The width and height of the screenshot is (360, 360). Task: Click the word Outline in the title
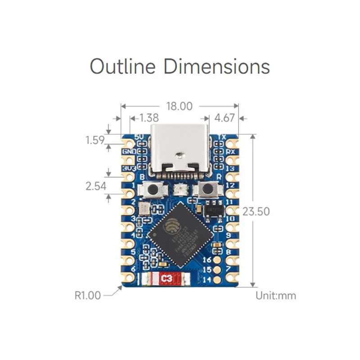pyautogui.click(x=122, y=66)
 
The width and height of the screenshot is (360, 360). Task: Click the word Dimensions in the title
pyautogui.click(x=216, y=66)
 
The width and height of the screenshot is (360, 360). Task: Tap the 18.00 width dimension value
pyautogui.click(x=179, y=106)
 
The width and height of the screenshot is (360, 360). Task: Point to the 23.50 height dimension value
pyautogui.click(x=256, y=211)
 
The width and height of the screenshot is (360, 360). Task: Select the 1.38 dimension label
pyautogui.click(x=149, y=118)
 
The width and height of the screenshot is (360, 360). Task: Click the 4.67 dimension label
pyautogui.click(x=225, y=118)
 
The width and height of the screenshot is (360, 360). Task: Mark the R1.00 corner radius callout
pyautogui.click(x=88, y=296)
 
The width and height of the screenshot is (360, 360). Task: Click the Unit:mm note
pyautogui.click(x=276, y=296)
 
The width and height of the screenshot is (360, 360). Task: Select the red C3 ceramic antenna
pyautogui.click(x=166, y=279)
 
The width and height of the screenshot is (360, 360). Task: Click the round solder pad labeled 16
pyautogui.click(x=217, y=260)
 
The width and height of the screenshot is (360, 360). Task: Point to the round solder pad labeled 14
pyautogui.click(x=217, y=279)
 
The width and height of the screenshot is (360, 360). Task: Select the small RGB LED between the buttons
pyautogui.click(x=180, y=189)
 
